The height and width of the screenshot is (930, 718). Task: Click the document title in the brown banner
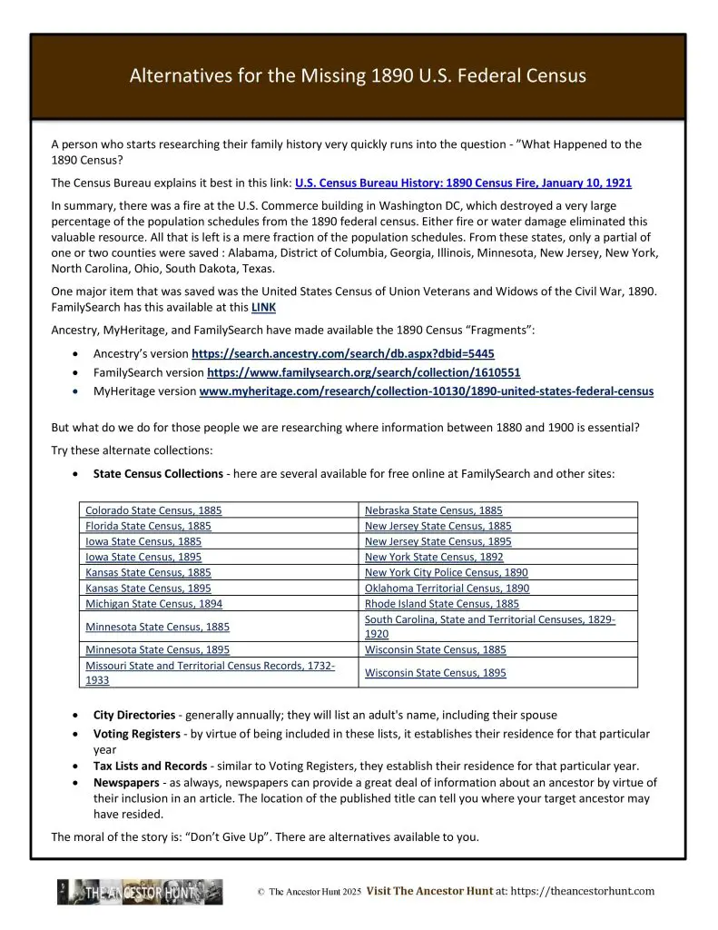pyautogui.click(x=358, y=76)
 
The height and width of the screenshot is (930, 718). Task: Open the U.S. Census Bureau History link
pyautogui.click(x=463, y=183)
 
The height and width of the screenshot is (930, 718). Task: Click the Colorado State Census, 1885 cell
pyautogui.click(x=153, y=510)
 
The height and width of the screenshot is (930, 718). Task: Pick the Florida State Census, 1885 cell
pyautogui.click(x=148, y=526)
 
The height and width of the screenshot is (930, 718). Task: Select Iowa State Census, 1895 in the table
pyautogui.click(x=143, y=557)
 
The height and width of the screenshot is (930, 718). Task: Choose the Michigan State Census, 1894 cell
pyautogui.click(x=153, y=603)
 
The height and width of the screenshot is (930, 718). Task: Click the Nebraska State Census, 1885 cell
pyautogui.click(x=433, y=510)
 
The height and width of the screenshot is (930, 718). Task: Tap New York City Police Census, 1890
pyautogui.click(x=446, y=572)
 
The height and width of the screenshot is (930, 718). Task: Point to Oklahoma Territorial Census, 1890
pyautogui.click(x=447, y=588)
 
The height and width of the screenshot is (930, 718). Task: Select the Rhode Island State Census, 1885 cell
pyautogui.click(x=442, y=603)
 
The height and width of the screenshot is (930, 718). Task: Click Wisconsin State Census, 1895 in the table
pyautogui.click(x=435, y=673)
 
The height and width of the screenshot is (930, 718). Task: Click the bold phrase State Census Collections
pyautogui.click(x=158, y=473)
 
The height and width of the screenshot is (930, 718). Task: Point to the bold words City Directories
pyautogui.click(x=131, y=715)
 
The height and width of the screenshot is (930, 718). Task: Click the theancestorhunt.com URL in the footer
pyautogui.click(x=594, y=891)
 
